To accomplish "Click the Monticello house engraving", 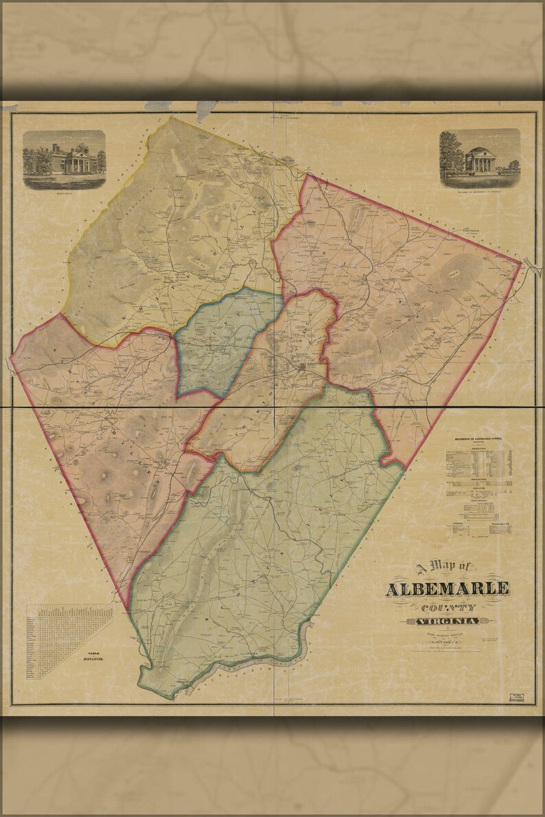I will pos(65,158).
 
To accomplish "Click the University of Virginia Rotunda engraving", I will pos(479,156).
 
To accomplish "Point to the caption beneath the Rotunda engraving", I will pos(479,192).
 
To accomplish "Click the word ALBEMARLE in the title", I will pos(448,589).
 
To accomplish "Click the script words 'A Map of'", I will pos(444,567).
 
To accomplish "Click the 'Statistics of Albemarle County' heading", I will pos(480,437).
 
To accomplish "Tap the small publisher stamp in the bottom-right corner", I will pos(521,698).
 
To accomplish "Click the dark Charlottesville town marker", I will pos(302,368).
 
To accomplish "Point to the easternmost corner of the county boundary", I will pos(522,262).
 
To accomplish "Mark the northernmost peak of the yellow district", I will pos(170,117).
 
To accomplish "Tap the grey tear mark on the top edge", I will pos(205,108).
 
